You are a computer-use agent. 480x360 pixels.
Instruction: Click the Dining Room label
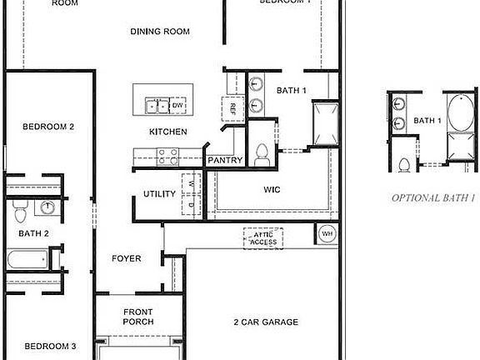point(160,32)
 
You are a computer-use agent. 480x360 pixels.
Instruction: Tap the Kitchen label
point(167,132)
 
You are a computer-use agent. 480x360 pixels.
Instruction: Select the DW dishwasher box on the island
point(177,106)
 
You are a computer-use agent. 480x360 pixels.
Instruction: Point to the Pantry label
point(225,160)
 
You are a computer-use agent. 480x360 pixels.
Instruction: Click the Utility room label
point(159,194)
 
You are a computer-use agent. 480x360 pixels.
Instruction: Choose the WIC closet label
point(272,190)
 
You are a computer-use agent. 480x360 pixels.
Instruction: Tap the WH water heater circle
point(327,234)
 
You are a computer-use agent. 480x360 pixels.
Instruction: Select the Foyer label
point(127,258)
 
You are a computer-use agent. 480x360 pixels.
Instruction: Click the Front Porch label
point(138,316)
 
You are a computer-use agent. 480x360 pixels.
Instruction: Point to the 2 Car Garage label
point(265,322)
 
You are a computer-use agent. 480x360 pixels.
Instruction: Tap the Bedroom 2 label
point(48,127)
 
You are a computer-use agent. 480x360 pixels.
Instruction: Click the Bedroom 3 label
point(50,346)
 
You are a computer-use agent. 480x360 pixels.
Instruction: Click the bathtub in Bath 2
point(27,260)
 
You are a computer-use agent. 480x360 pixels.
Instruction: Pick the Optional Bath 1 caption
point(433,198)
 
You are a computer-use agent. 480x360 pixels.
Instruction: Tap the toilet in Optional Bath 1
point(404,164)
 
